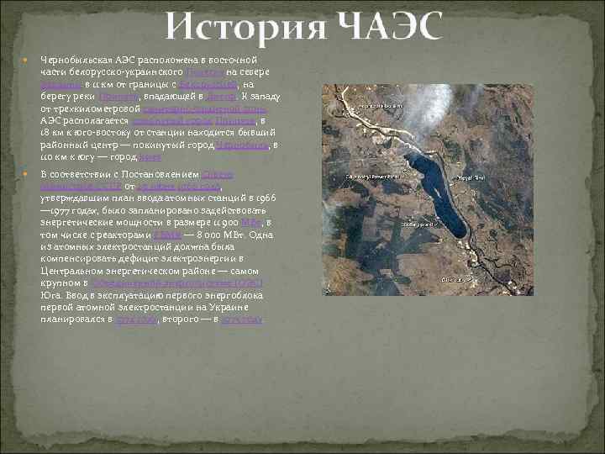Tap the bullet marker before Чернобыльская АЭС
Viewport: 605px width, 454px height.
pyautogui.click(x=26, y=61)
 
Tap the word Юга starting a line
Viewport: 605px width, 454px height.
pyautogui.click(x=50, y=295)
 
